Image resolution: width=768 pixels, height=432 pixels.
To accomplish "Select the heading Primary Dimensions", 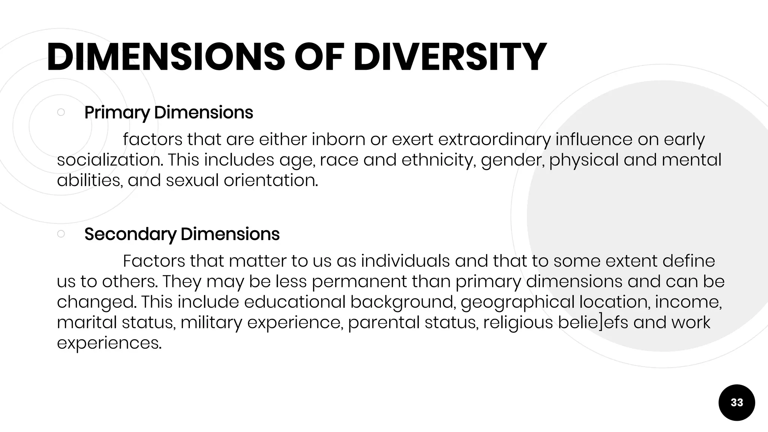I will point(169,112).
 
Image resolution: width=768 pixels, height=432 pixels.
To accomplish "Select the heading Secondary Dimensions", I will point(182,234).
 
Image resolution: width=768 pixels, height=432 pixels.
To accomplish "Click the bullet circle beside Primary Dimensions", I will point(61,112).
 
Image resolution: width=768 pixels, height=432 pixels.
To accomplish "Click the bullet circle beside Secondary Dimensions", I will point(61,234).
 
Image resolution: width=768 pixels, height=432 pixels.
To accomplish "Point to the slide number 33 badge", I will point(736,402).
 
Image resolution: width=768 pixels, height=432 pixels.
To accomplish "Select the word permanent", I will point(359,282).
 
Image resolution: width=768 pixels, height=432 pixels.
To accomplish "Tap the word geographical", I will point(517,302).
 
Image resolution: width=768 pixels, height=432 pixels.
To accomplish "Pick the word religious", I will point(518,322).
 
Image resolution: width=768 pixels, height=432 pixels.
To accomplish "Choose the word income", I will point(688,302).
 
